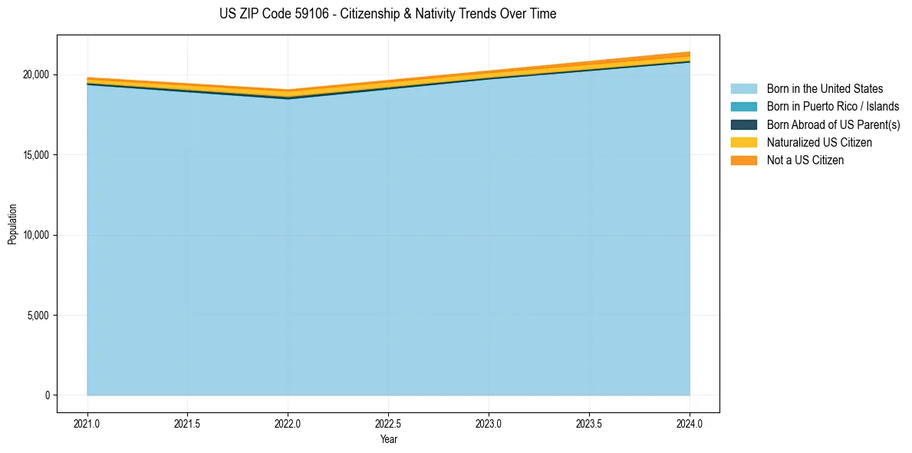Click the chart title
[387, 14]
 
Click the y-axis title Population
[12, 223]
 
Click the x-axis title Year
[388, 439]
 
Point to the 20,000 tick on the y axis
[35, 74]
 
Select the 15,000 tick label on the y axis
[35, 155]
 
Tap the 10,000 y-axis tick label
[35, 235]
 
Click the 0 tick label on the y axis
[47, 395]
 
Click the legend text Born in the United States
[825, 89]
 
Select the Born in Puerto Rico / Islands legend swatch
[743, 107]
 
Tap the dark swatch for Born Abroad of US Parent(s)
[743, 124]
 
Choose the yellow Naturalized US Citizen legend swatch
[743, 142]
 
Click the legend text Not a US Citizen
[805, 160]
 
